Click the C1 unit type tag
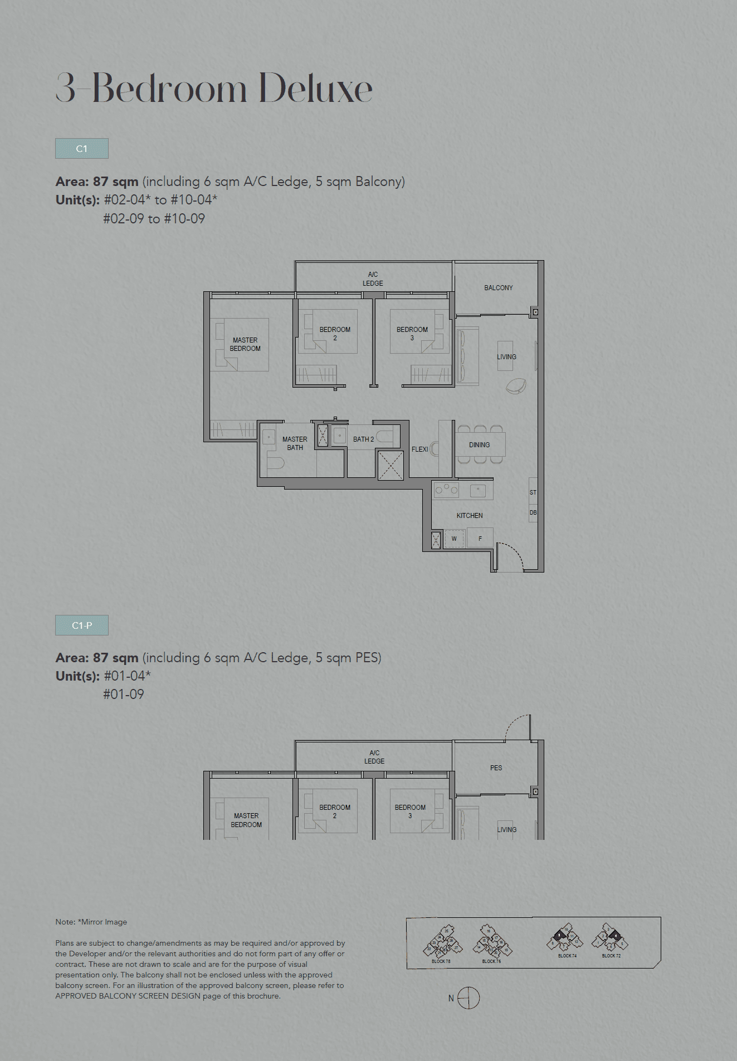coord(82,149)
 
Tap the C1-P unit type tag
coord(82,625)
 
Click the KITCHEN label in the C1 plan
coord(470,516)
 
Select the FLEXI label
coord(419,449)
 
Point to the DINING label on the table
coord(479,445)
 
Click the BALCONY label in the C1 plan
coord(498,288)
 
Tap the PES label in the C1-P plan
coord(496,768)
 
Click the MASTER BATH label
coord(295,443)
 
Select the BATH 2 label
coord(363,439)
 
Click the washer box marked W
coord(454,539)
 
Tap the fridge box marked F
coord(480,539)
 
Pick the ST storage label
coord(533,492)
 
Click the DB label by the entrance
coord(533,512)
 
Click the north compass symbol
coord(468,998)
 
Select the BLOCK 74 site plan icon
coord(565,940)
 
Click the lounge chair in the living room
coord(516,385)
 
